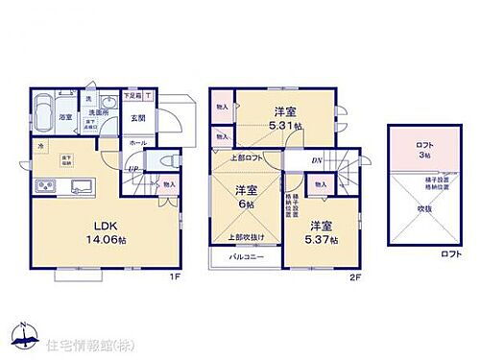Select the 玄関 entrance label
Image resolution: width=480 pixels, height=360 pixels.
point(137,118)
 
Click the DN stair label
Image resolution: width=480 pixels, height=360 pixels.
point(316,160)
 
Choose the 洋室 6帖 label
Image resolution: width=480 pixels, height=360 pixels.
point(245,196)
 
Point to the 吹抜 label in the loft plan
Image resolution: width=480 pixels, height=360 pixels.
point(423,207)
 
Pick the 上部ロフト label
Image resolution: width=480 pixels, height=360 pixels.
point(245,156)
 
